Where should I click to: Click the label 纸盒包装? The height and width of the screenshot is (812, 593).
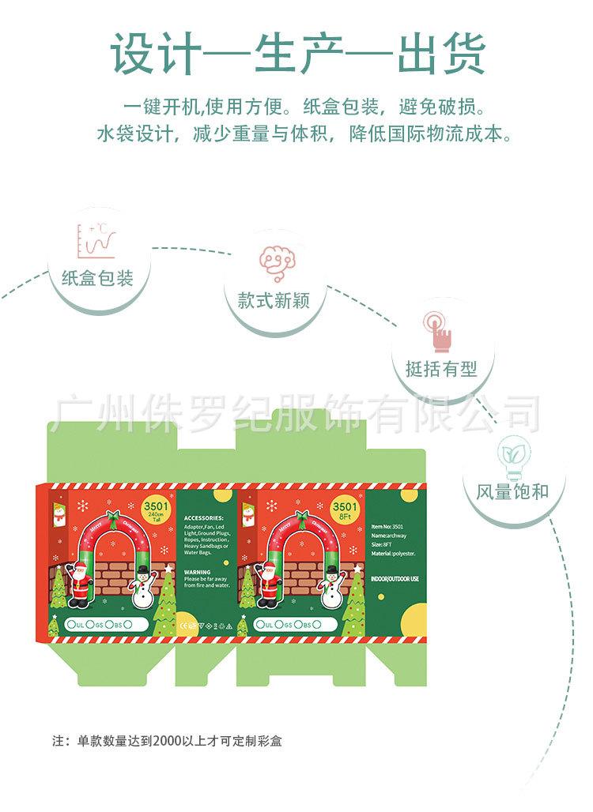[96, 279]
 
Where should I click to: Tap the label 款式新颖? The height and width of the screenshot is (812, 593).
[273, 301]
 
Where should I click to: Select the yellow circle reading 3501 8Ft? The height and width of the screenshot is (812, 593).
[345, 509]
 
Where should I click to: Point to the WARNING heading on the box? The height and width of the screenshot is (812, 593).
[197, 571]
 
